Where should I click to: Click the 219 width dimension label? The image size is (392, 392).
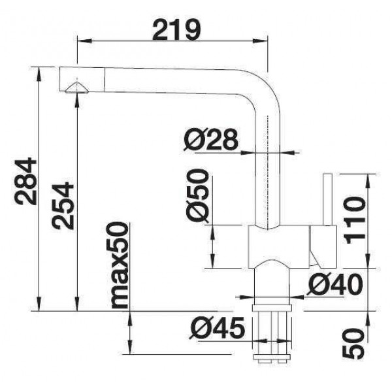point(176,30)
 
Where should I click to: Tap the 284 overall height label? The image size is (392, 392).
point(25,181)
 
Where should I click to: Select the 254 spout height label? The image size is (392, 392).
point(63,206)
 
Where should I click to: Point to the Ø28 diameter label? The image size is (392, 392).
point(210,140)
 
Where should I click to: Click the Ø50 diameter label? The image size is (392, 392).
point(197,195)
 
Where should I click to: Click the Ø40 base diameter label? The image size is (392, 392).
point(335,284)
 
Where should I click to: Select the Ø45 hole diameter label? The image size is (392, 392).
point(217,328)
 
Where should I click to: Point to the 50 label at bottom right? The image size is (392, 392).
point(353,344)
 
